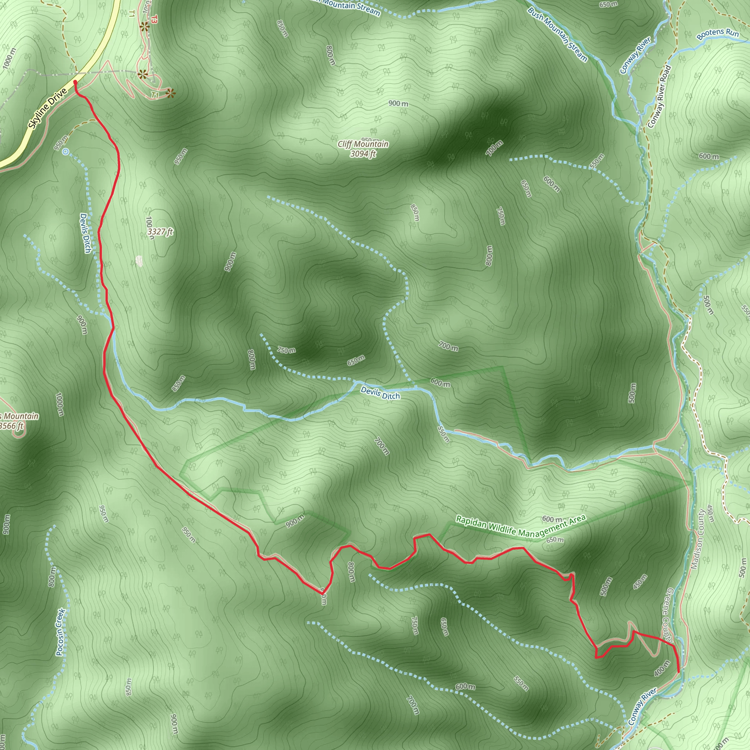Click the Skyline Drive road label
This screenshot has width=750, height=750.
48,108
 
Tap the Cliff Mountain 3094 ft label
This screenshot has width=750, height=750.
363,149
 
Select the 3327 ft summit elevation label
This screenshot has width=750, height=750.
160,232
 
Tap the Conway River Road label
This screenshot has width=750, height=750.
659,97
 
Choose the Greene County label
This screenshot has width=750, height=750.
670,617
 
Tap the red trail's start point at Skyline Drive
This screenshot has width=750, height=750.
75,82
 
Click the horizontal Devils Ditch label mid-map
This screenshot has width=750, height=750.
380,393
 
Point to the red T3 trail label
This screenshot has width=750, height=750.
155,19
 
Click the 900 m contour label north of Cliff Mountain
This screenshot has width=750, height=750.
398,104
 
